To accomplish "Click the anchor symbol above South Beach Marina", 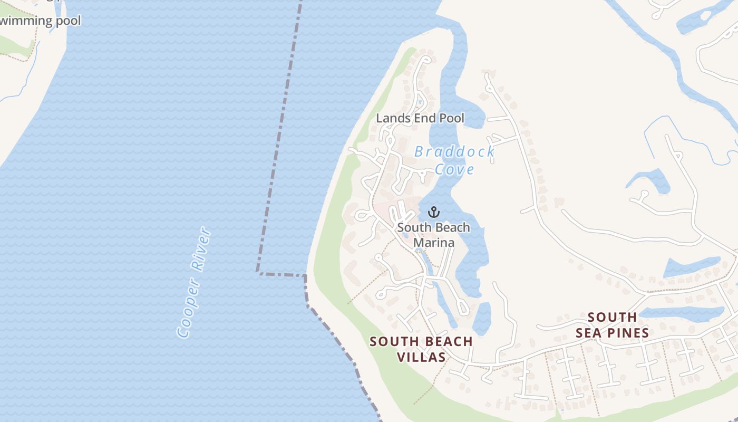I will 433,212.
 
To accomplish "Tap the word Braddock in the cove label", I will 454,152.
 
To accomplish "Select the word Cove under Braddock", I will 454,169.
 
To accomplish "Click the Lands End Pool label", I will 420,118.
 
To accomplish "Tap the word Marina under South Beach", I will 433,243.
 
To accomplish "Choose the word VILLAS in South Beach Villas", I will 421,357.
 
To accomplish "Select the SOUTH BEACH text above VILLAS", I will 421,341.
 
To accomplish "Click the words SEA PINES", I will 612,333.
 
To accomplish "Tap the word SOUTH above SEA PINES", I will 612,317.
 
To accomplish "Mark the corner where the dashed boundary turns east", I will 258,272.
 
